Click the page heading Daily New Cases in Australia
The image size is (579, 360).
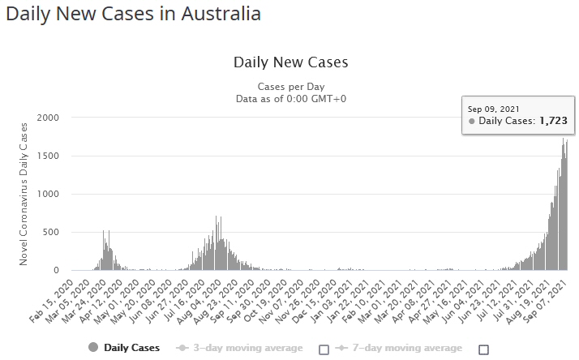click(134, 14)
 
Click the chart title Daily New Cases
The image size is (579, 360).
click(290, 62)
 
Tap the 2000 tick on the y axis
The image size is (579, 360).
click(48, 118)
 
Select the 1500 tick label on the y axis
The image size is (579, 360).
click(48, 156)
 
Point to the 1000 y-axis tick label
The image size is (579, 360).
click(48, 194)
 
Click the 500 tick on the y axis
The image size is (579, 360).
click(51, 232)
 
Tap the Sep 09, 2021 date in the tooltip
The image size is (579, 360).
click(493, 108)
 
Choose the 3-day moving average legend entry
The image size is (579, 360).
click(240, 348)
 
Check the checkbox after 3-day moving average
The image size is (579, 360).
click(324, 349)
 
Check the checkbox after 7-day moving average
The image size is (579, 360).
click(484, 349)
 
